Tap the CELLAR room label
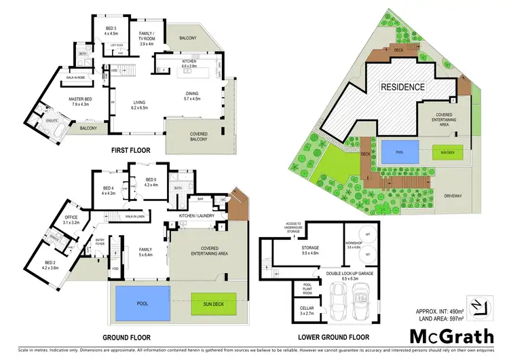pyautogui.click(x=306, y=310)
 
